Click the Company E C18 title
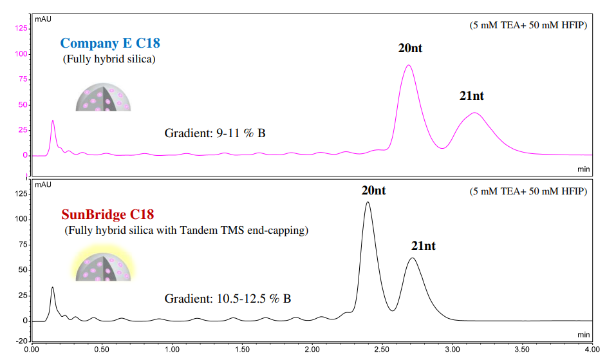tap(110, 44)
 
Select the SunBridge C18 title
tap(107, 214)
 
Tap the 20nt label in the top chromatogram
tap(410, 48)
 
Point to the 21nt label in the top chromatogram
tap(471, 96)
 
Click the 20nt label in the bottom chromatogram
tap(373, 191)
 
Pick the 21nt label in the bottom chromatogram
tap(424, 246)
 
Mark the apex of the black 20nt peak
tap(368, 202)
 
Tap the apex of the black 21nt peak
tap(412, 258)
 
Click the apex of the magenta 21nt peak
tap(474, 113)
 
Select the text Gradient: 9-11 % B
tap(215, 134)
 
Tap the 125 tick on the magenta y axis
tap(21, 28)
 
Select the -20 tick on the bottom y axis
tap(22, 340)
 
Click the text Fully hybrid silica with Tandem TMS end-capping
tap(186, 230)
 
